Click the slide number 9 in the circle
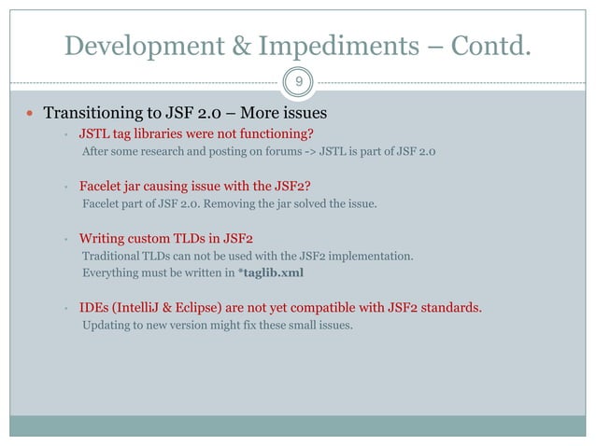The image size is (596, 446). pyautogui.click(x=298, y=82)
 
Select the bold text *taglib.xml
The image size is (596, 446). pyautogui.click(x=270, y=272)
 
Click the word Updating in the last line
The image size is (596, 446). pyautogui.click(x=106, y=326)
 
